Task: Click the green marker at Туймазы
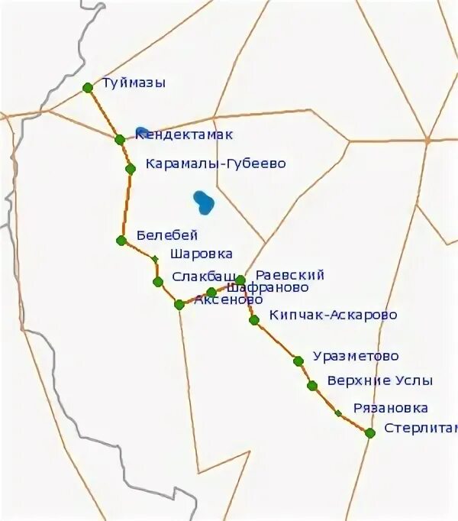(88, 88)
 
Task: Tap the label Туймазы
(134, 83)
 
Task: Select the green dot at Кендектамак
(120, 140)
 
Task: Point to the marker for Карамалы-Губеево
(131, 169)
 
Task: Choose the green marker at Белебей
(121, 241)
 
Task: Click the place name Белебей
(167, 235)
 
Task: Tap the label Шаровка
(202, 254)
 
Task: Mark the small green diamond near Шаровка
(155, 260)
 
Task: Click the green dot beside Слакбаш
(158, 282)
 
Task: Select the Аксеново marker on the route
(179, 305)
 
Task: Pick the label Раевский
(290, 275)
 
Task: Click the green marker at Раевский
(240, 280)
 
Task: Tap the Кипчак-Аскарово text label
(333, 315)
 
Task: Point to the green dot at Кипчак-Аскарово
(254, 320)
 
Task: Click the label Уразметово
(356, 357)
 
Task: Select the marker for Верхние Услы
(312, 386)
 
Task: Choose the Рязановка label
(390, 409)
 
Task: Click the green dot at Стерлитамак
(370, 433)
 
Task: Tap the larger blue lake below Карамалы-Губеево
(204, 202)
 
